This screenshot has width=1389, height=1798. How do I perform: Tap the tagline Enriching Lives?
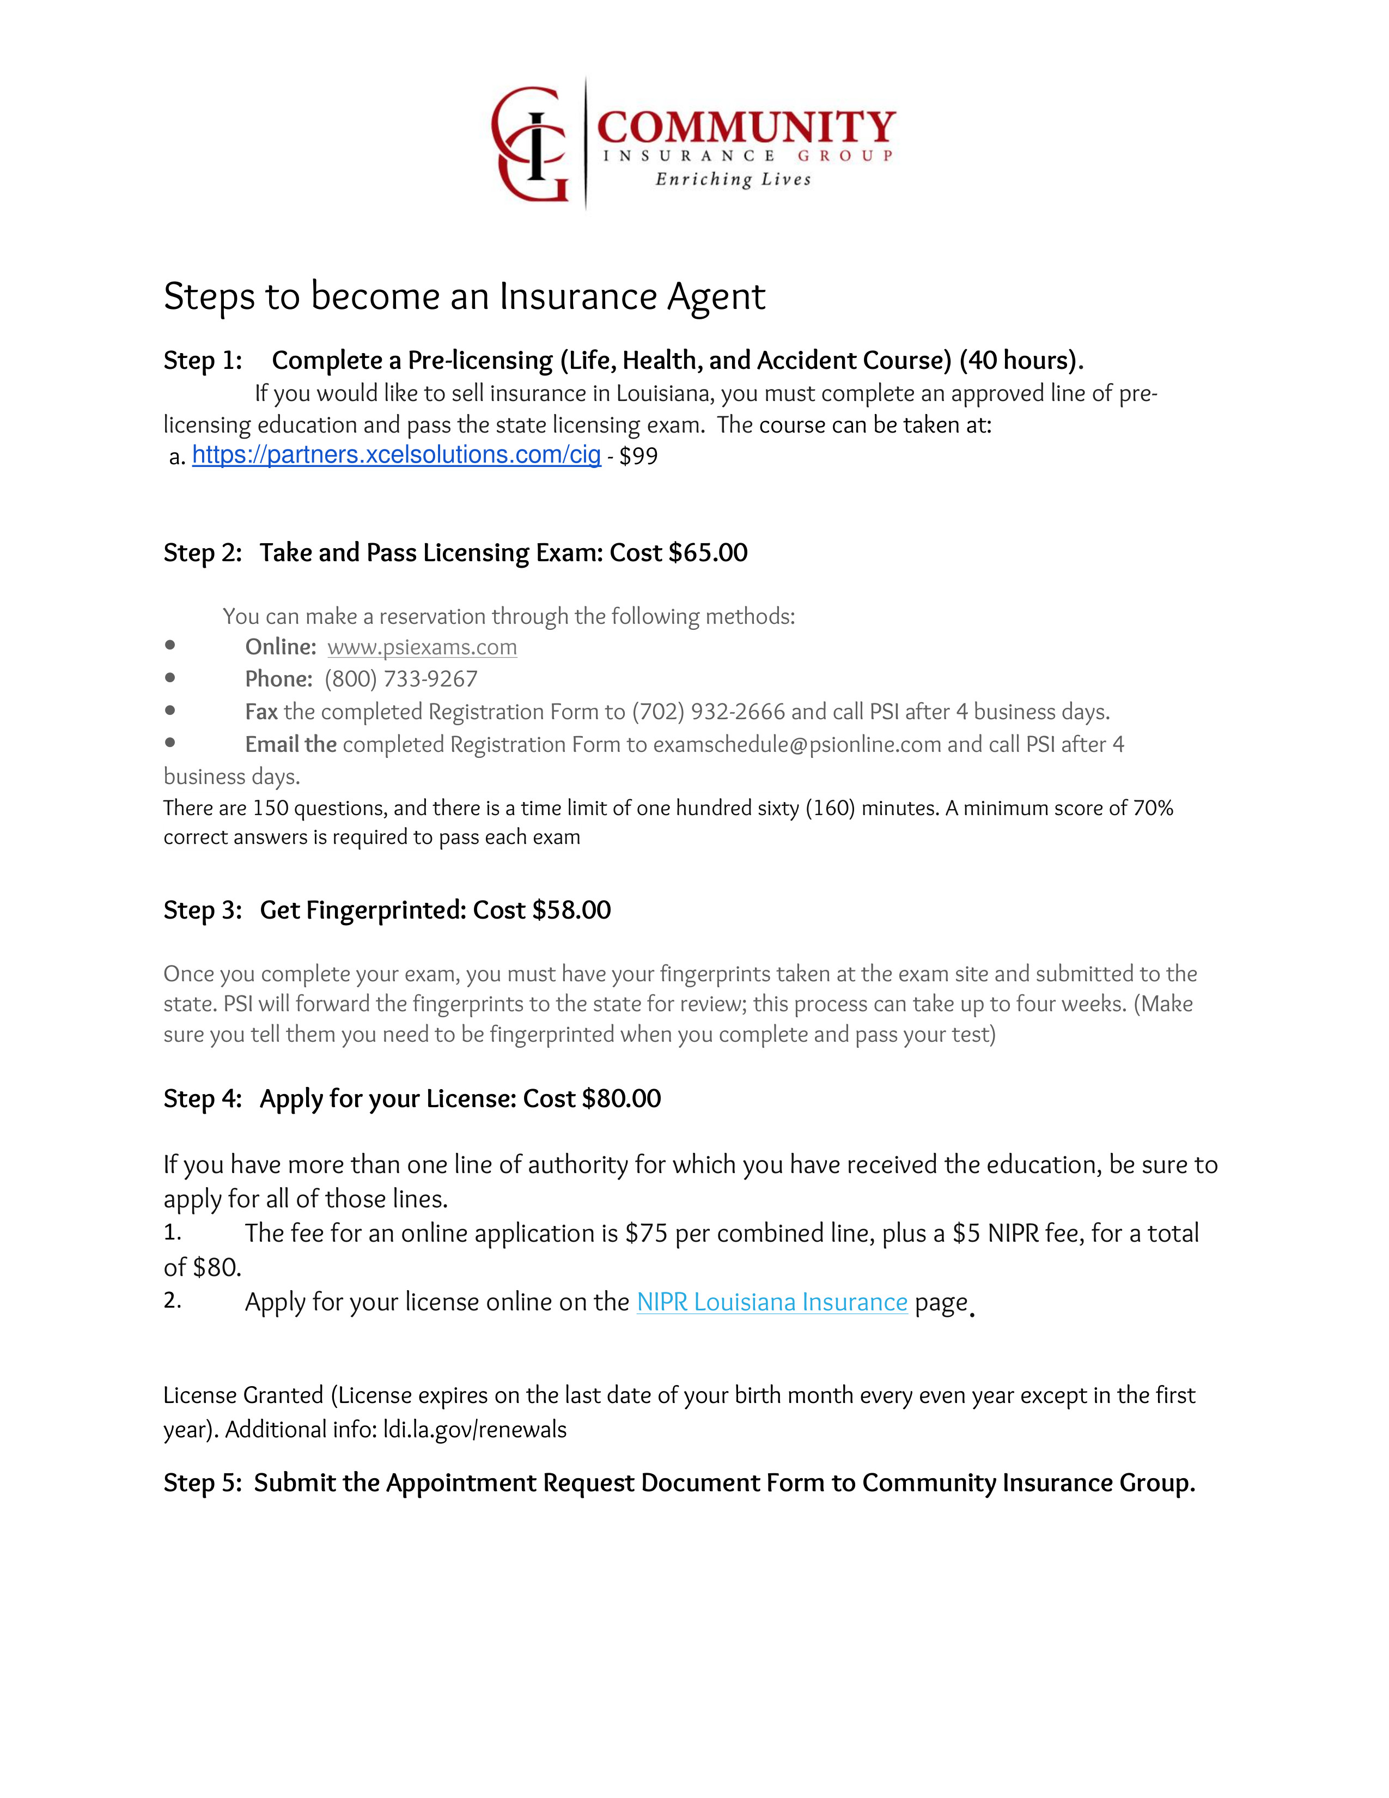coord(732,179)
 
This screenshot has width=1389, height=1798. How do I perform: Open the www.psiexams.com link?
coord(422,647)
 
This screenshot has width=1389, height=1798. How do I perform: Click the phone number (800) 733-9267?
coord(401,679)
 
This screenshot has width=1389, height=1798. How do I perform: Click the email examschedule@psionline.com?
coord(796,744)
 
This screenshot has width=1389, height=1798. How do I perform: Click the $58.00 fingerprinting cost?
coord(571,910)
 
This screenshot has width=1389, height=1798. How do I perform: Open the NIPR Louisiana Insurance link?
coord(772,1302)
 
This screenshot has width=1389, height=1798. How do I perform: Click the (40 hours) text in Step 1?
coord(1020,361)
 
